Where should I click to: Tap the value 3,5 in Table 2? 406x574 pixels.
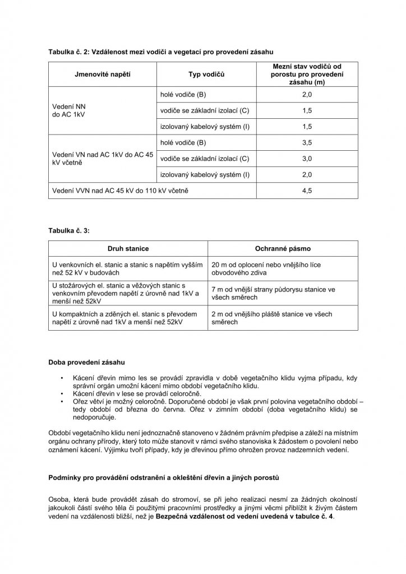(307, 143)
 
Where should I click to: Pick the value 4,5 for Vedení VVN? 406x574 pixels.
(307, 191)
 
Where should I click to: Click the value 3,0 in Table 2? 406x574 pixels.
(307, 159)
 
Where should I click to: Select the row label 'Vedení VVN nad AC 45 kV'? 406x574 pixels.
(119, 191)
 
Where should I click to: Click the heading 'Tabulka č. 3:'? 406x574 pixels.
(69, 230)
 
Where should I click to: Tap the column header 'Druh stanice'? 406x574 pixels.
(128, 248)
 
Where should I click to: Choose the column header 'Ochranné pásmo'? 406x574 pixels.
(283, 248)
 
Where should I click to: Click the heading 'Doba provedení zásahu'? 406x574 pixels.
(86, 362)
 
